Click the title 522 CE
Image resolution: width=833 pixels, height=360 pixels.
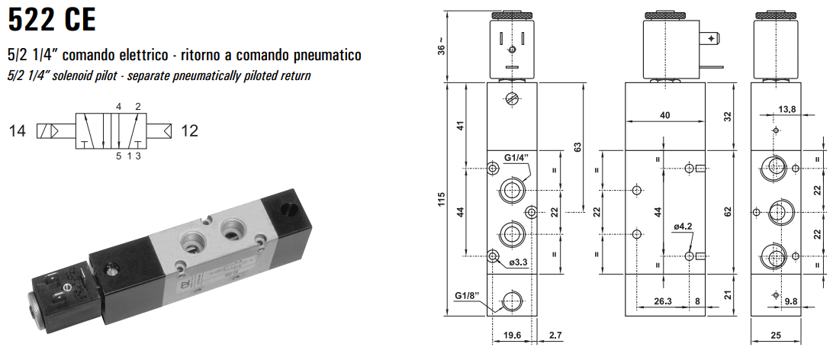52,19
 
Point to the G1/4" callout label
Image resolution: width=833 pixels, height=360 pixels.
516,159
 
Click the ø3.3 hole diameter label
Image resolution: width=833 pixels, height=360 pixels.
519,263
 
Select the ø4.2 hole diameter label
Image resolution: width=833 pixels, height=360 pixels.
683,227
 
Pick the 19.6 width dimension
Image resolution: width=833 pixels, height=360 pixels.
513,334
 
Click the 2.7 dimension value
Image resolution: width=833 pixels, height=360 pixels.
555,334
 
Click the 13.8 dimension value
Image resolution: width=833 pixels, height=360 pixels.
787,110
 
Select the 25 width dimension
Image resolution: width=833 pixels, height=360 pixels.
776,334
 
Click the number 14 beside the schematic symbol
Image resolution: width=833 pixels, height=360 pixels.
18,131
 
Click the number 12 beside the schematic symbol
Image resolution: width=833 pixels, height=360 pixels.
189,131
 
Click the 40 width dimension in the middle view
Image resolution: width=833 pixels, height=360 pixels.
664,115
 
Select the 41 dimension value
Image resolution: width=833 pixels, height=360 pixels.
459,126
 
